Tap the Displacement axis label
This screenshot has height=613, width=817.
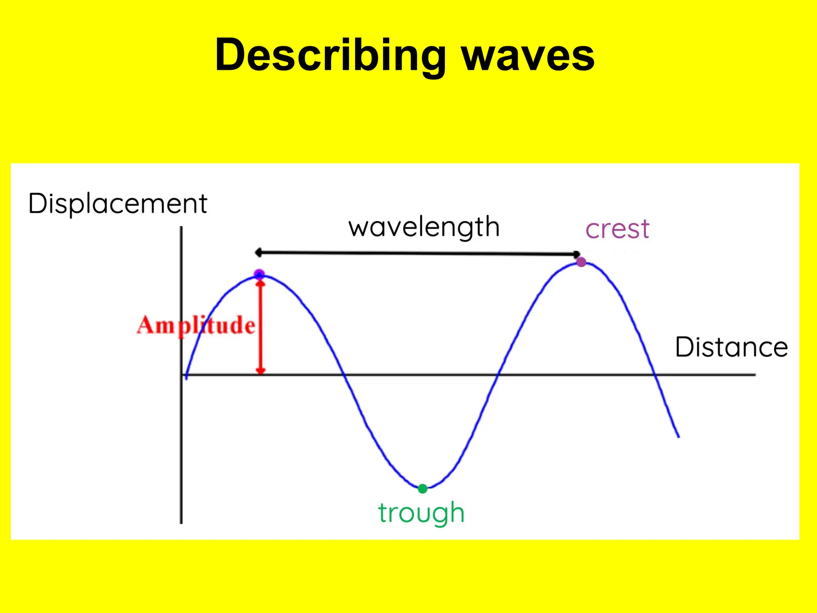(x=118, y=204)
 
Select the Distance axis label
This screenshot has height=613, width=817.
(x=731, y=347)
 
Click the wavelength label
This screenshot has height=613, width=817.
(x=424, y=227)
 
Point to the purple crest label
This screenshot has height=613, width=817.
(x=617, y=229)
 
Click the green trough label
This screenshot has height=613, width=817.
(x=421, y=513)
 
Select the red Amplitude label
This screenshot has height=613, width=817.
(x=196, y=325)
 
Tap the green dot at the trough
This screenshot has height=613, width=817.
(x=422, y=488)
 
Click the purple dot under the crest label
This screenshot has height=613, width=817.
(x=581, y=262)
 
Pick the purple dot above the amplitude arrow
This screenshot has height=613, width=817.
(x=259, y=274)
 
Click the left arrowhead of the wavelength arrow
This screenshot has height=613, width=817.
(x=258, y=252)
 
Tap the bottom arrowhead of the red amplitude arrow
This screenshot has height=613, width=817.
(x=260, y=371)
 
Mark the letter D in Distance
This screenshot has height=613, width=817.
(x=683, y=347)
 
